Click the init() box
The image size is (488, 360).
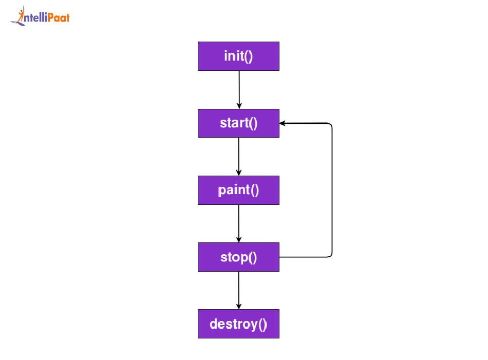pos(238,56)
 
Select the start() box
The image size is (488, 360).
pos(238,123)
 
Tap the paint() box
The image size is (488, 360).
pos(238,190)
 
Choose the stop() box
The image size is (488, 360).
pos(238,257)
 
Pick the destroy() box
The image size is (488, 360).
pos(238,324)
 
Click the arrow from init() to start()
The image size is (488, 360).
pos(239,88)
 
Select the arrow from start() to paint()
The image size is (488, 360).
pos(239,155)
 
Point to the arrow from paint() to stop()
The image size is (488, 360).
pos(239,222)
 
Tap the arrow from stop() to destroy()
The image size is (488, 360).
pos(239,289)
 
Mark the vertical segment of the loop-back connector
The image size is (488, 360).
pos(332,190)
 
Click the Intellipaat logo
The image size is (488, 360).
pos(40,17)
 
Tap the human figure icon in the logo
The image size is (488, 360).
pos(20,15)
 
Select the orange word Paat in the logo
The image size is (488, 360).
pos(58,18)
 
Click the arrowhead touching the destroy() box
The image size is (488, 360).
pos(239,306)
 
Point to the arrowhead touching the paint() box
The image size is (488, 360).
pos(239,173)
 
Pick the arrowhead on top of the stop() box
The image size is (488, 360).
pos(239,239)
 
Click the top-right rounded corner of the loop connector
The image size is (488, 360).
pos(330,125)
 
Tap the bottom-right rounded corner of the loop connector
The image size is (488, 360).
pos(330,255)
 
